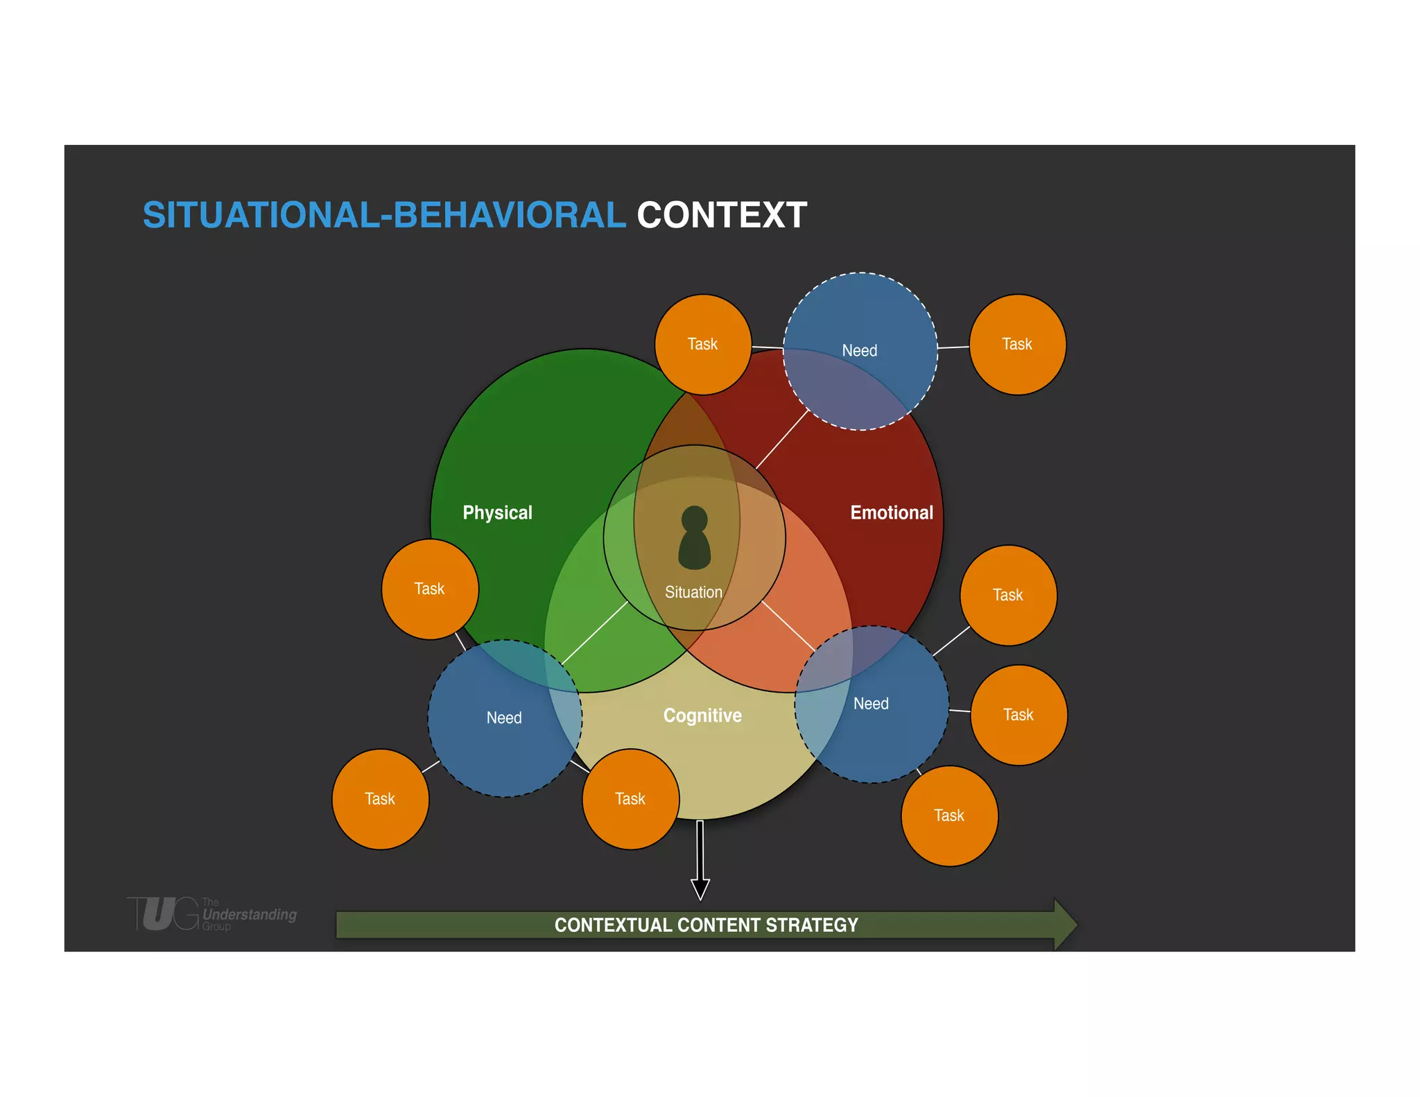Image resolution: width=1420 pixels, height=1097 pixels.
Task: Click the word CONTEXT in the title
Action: point(722,215)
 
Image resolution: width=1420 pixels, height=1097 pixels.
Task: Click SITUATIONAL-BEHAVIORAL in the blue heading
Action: point(384,215)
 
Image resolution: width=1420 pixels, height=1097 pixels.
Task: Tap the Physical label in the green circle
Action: point(497,512)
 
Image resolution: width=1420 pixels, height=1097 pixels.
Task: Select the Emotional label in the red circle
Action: point(892,512)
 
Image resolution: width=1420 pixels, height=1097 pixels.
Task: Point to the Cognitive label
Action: point(702,715)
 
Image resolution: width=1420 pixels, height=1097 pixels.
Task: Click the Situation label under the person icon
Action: point(693,592)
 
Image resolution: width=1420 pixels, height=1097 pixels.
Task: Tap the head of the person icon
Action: point(694,519)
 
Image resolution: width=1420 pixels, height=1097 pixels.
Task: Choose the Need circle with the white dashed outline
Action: point(860,351)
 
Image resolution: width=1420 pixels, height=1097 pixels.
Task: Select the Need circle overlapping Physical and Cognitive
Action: point(504,718)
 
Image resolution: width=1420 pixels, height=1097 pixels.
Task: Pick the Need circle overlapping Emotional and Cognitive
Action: point(872,704)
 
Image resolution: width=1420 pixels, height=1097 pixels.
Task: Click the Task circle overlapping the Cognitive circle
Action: point(630,799)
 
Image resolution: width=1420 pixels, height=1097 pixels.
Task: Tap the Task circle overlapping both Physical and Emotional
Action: point(702,344)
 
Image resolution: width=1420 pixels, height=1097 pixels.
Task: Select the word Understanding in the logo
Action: point(250,915)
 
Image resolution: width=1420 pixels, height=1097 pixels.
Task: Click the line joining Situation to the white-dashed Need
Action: point(782,440)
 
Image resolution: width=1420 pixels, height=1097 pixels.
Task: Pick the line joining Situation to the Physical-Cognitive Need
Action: point(595,632)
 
